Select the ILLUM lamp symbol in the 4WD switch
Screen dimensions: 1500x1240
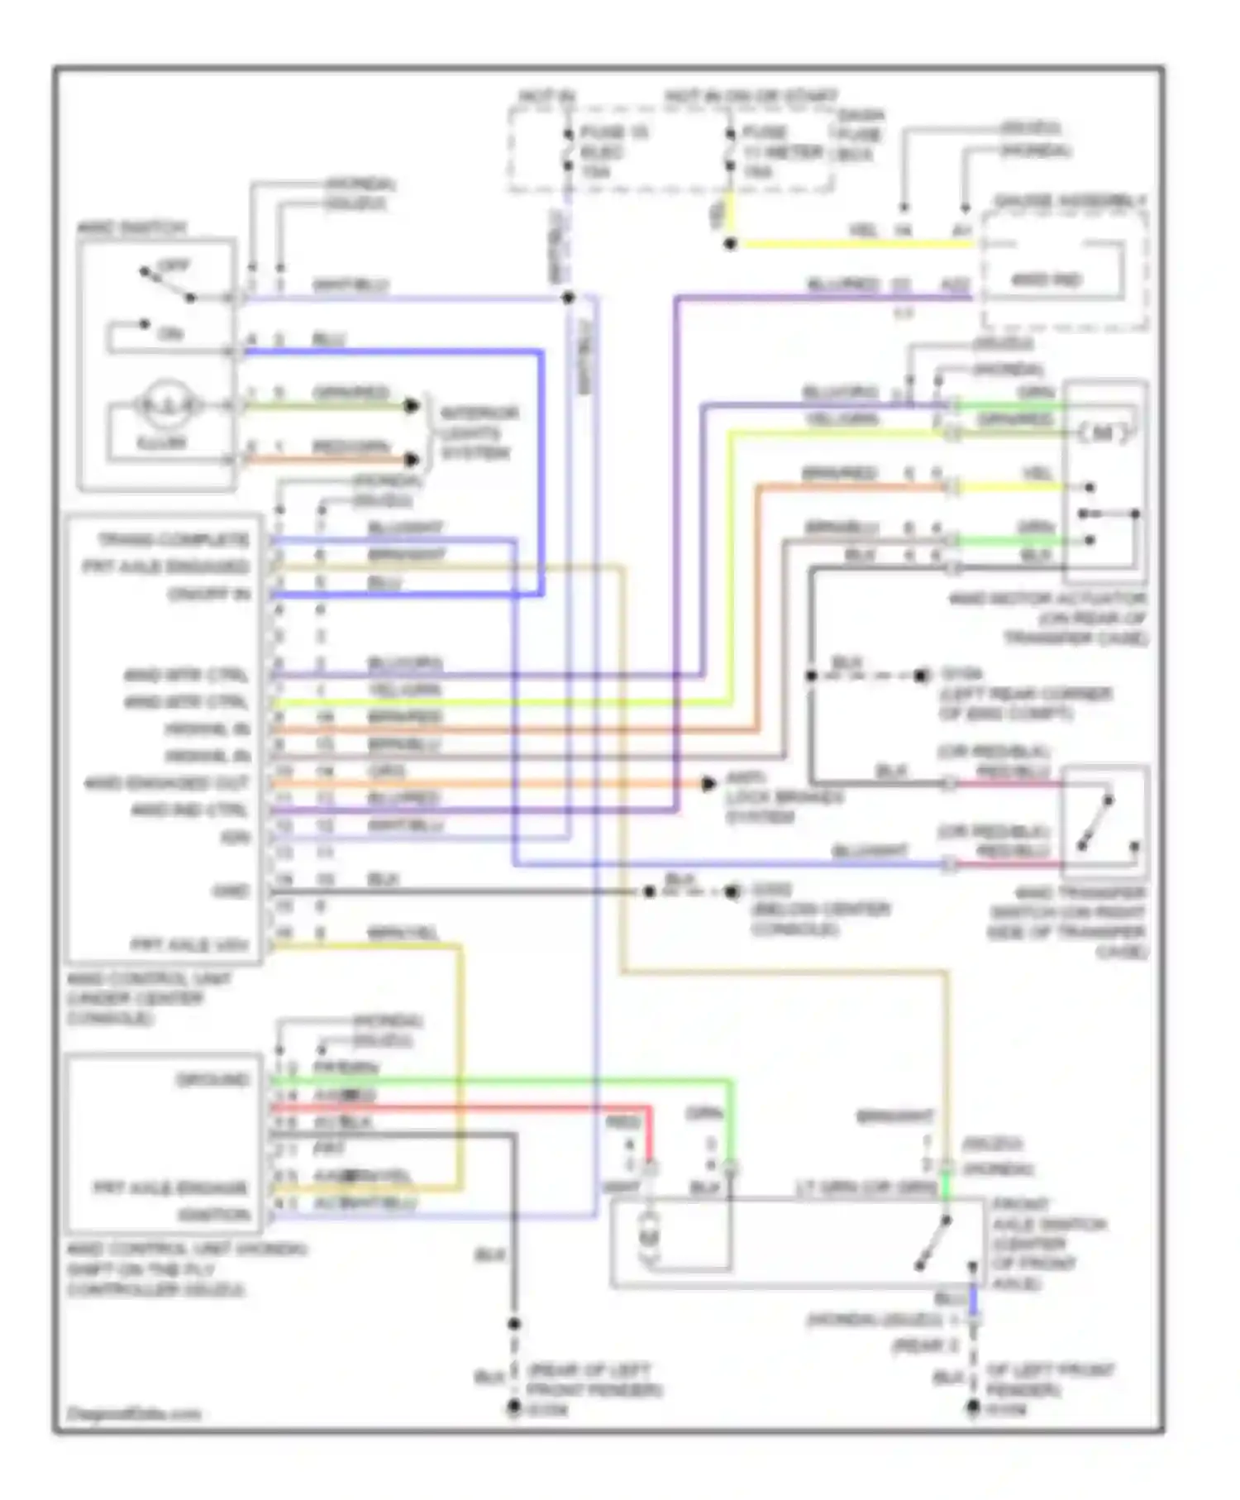click(169, 405)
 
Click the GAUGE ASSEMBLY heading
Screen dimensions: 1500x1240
click(1070, 202)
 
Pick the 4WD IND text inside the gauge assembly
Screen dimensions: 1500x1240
click(1046, 280)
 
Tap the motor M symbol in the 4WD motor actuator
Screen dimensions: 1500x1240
click(1103, 432)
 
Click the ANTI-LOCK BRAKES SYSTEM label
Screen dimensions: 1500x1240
click(783, 797)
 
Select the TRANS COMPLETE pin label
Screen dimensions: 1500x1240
click(173, 540)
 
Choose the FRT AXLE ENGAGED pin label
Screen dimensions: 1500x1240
click(165, 567)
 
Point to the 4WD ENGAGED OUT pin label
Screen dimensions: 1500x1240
click(166, 783)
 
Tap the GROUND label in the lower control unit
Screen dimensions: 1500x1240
click(212, 1080)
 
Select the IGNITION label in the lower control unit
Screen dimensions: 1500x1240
click(213, 1215)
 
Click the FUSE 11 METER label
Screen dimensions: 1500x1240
click(781, 152)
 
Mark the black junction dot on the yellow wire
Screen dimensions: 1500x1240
click(730, 244)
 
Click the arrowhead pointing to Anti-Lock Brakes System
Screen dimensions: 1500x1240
click(708, 783)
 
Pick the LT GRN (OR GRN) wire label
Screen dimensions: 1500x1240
click(866, 1188)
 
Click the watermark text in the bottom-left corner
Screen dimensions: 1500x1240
click(134, 1414)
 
